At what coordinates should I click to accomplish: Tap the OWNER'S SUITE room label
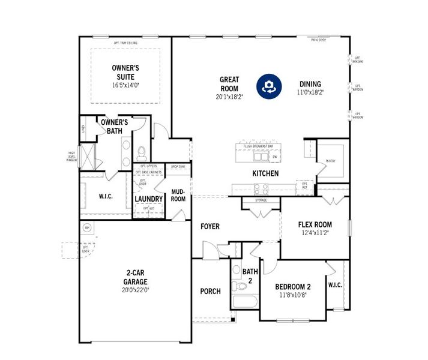pyautogui.click(x=126, y=73)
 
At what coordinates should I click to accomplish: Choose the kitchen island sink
pyautogui.click(x=261, y=157)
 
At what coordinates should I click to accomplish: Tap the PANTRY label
pyautogui.click(x=330, y=161)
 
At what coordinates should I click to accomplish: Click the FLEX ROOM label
pyautogui.click(x=315, y=225)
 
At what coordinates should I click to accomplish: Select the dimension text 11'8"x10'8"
pyautogui.click(x=292, y=295)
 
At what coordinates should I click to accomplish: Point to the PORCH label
pyautogui.click(x=210, y=292)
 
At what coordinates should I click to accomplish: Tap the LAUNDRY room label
pyautogui.click(x=149, y=199)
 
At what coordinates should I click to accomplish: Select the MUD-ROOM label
pyautogui.click(x=178, y=196)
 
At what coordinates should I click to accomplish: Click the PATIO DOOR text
pyautogui.click(x=319, y=40)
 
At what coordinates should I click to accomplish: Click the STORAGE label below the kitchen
pyautogui.click(x=261, y=200)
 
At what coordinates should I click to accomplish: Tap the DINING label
pyautogui.click(x=310, y=84)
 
